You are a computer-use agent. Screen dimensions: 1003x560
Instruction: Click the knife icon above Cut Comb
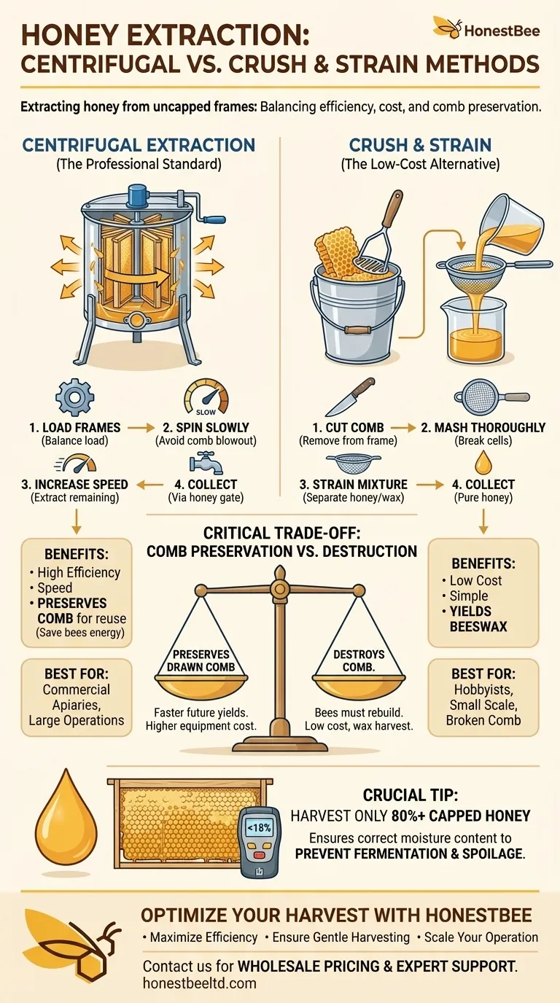point(350,397)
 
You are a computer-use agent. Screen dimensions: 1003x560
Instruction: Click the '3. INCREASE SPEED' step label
point(74,484)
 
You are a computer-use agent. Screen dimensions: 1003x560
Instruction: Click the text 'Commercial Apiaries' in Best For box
point(77,697)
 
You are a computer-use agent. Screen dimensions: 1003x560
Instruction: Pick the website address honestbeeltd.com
point(200,983)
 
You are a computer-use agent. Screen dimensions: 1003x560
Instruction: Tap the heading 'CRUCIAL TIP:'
point(409,795)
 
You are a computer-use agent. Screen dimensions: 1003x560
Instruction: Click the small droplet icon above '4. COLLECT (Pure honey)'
point(483,463)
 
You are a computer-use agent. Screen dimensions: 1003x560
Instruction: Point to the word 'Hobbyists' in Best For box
point(483,690)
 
